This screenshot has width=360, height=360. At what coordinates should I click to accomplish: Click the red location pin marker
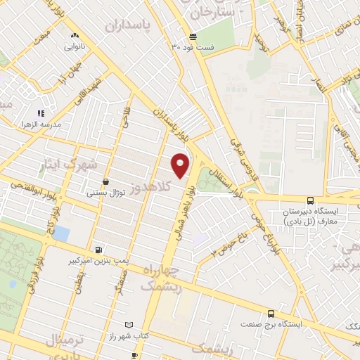coord(181,165)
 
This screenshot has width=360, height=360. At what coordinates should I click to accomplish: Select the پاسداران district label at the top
coord(130,26)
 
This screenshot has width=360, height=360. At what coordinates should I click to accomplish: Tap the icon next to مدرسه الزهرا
coord(41,112)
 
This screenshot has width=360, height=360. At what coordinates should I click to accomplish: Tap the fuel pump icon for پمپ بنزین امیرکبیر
coord(98,250)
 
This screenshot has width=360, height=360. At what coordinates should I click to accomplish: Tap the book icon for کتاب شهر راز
coord(127,324)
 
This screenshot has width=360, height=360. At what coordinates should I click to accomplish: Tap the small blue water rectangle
coord(61,232)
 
